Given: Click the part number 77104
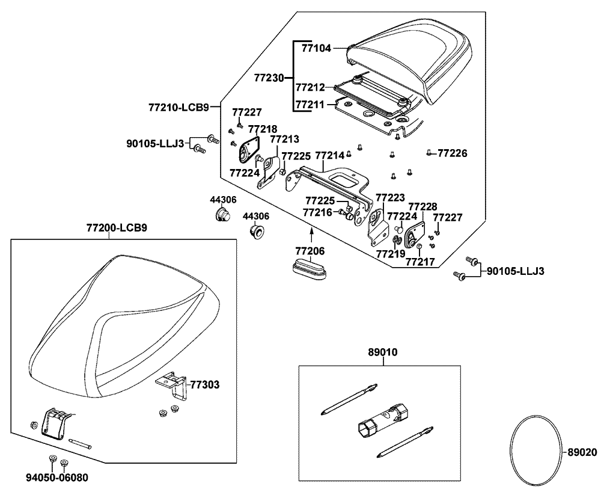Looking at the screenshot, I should [316, 48].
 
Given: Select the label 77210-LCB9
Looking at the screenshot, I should [178, 108].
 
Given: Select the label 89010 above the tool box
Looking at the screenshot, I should [380, 352].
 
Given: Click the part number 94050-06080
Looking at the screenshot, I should [57, 478].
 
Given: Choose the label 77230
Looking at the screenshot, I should [269, 78].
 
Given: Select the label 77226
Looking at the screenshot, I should [452, 153].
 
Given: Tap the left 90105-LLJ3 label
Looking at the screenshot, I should [154, 143].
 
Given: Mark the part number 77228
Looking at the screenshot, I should [423, 206].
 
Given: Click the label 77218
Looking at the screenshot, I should [263, 129].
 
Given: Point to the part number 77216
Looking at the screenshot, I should [317, 212].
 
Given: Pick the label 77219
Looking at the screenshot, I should [391, 254].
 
